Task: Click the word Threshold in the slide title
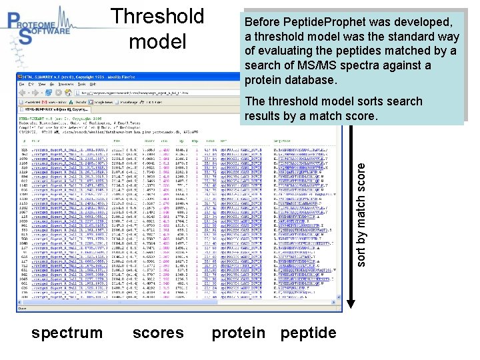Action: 157,16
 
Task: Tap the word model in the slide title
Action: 157,42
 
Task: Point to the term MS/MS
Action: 325,65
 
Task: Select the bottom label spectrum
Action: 67,333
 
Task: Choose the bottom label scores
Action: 158,333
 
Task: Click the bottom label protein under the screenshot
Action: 238,333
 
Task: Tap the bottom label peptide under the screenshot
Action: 308,333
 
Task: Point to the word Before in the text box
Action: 262,22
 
